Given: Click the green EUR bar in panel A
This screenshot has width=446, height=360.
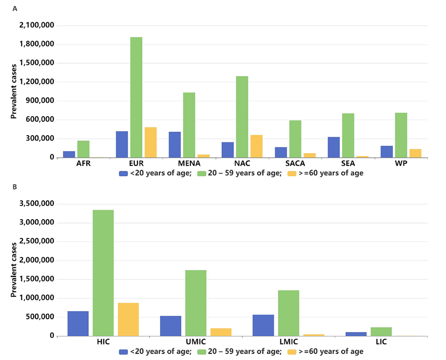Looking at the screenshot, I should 137,98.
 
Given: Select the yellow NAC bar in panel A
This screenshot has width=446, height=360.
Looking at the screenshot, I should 257,146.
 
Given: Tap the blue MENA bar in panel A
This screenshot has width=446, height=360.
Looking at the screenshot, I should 175,145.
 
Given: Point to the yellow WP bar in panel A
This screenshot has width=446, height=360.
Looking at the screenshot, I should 415,153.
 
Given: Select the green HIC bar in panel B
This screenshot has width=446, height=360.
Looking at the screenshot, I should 103,273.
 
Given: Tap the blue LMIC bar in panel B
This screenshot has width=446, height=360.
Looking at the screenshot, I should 263,325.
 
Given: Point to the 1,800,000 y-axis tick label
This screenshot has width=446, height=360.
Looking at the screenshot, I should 37,44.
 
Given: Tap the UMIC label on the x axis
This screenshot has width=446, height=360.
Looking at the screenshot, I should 196,342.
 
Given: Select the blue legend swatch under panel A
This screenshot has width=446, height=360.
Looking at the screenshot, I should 124,174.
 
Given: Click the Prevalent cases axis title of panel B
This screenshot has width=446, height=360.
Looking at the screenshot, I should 15,270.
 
